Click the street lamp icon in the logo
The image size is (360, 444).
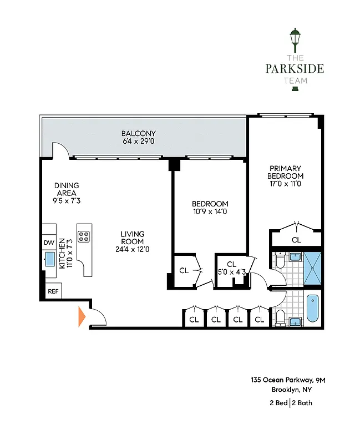(x=295, y=41)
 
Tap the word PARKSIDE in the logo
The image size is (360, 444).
(x=295, y=69)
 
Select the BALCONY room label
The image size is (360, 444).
(x=139, y=134)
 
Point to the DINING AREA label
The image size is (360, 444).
(x=66, y=185)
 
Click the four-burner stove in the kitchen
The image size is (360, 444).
(x=84, y=237)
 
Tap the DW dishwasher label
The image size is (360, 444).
(x=48, y=243)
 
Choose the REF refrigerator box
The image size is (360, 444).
(x=53, y=291)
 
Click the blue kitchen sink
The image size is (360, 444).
(x=49, y=259)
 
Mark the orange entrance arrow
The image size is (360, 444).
(x=82, y=316)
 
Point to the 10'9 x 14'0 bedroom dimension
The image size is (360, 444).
(x=210, y=211)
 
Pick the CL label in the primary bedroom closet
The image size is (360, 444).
(x=296, y=240)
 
